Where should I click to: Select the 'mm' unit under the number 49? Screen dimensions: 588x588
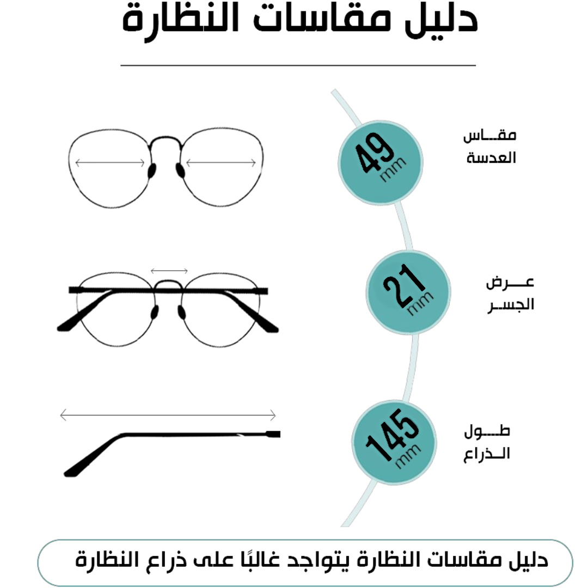394,170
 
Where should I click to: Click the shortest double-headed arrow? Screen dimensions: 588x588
169,271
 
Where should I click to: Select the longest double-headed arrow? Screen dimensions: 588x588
168,415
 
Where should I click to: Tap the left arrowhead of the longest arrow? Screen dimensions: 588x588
62,415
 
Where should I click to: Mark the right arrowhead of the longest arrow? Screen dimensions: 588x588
274,415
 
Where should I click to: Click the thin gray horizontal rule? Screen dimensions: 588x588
298,65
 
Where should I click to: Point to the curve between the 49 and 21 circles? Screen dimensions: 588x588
405,228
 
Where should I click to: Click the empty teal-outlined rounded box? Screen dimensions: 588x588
305,563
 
